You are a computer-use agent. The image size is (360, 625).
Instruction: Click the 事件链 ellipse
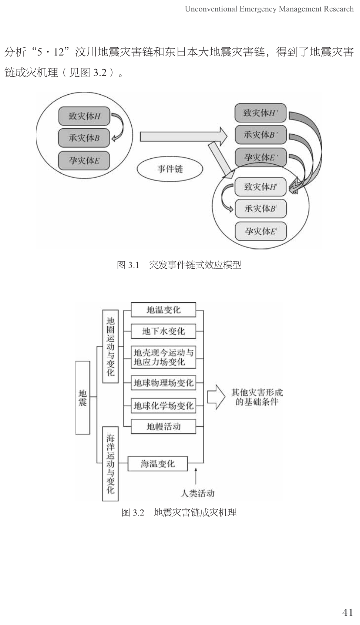[170, 169]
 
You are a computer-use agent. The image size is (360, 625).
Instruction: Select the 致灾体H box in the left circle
[84, 116]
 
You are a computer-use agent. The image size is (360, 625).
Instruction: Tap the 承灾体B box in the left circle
[84, 138]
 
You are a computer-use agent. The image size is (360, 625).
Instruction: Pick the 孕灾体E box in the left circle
[84, 161]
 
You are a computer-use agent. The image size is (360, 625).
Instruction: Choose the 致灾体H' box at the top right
[260, 113]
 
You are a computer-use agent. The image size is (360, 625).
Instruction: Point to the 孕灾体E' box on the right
[260, 158]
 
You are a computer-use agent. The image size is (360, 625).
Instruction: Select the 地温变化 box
[163, 310]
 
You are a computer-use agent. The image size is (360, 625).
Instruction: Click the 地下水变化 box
[163, 331]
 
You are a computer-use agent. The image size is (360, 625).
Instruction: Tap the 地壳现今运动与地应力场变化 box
[163, 357]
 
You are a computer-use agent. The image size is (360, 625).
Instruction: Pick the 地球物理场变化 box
[163, 383]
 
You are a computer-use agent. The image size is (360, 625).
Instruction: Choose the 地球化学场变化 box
[163, 406]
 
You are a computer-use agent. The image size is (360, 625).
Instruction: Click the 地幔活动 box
[163, 426]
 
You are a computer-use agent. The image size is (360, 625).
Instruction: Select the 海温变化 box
[158, 463]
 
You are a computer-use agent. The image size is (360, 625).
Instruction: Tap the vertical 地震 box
[83, 397]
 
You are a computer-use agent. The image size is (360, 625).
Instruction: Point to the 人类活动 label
[197, 493]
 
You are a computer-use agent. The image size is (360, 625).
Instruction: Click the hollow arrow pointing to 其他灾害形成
[216, 397]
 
